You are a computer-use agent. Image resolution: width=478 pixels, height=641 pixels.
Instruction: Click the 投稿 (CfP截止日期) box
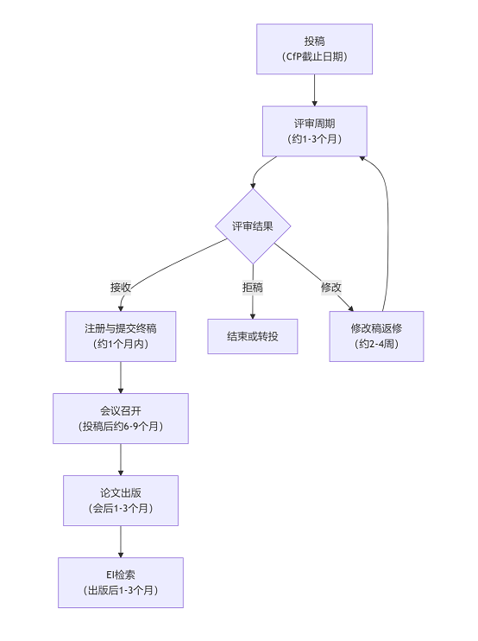(314, 49)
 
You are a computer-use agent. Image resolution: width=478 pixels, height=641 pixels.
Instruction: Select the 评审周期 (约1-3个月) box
(314, 131)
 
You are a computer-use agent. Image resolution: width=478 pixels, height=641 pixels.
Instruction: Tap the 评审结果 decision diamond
(253, 226)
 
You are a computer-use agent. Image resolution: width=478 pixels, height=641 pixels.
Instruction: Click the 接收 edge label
(121, 288)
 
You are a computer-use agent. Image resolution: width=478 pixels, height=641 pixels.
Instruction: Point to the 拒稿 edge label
(253, 288)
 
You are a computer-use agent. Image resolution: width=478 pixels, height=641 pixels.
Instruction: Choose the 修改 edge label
(331, 288)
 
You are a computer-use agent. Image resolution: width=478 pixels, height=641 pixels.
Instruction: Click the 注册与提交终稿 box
(121, 336)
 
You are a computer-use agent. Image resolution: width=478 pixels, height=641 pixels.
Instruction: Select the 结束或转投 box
(253, 336)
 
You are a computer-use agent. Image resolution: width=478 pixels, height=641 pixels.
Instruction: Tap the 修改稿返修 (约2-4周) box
(376, 336)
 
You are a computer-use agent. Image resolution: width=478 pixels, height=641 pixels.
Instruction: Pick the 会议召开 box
(121, 419)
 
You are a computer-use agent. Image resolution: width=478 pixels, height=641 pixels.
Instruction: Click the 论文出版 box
(121, 500)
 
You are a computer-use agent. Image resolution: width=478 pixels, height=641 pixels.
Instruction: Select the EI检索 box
(121, 582)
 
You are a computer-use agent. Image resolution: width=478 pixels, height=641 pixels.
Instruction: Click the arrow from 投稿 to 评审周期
(314, 91)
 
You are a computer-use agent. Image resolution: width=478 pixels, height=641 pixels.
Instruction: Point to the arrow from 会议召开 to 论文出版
(121, 460)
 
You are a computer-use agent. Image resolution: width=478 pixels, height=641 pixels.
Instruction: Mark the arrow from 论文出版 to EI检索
(121, 542)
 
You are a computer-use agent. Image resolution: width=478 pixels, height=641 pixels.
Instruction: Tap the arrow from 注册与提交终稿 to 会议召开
(121, 378)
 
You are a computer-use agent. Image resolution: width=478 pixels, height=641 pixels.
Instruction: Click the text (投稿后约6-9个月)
(121, 427)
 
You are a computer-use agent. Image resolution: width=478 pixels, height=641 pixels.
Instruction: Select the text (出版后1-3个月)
(121, 590)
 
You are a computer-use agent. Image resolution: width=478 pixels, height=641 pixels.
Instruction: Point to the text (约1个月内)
(121, 344)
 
